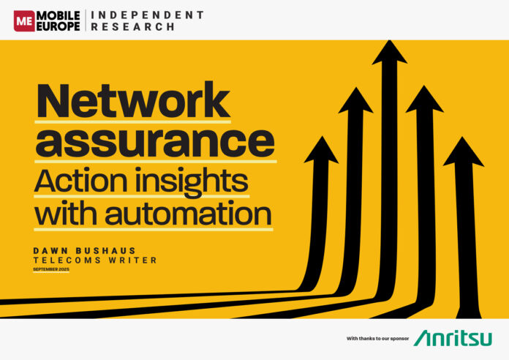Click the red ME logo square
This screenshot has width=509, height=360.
24,21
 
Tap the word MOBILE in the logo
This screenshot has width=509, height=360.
59,15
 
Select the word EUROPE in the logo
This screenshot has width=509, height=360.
59,26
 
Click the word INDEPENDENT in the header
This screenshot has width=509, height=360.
148,15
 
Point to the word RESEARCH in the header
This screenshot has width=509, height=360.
133,27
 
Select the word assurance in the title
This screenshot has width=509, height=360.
155,143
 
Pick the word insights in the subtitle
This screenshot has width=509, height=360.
192,182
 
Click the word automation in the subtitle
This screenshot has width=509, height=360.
188,214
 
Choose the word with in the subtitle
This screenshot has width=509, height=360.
66,213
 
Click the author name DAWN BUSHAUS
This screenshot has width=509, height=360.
84,251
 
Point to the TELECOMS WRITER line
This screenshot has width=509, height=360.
95,260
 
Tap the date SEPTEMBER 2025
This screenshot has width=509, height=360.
51,269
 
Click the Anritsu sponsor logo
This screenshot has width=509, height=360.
453,338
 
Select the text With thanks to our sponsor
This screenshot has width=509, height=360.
377,339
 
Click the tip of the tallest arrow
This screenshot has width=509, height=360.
390,40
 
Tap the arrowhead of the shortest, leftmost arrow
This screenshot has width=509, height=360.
322,149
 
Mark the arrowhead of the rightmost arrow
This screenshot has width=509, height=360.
463,151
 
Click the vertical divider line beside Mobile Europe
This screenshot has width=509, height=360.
86,20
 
